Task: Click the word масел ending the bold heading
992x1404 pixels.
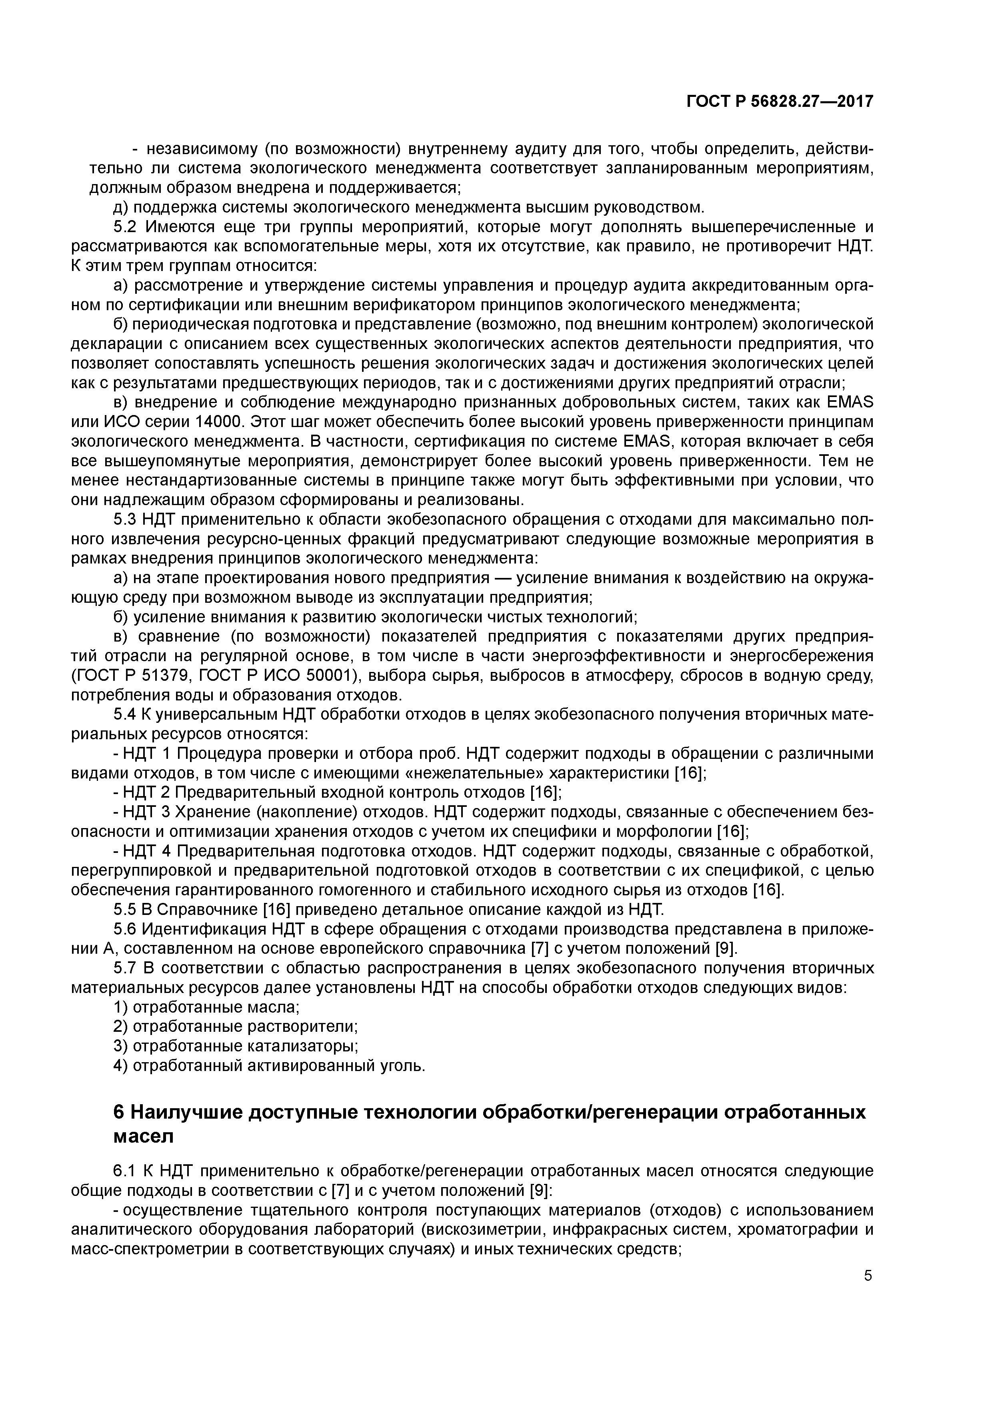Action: [x=143, y=1136]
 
